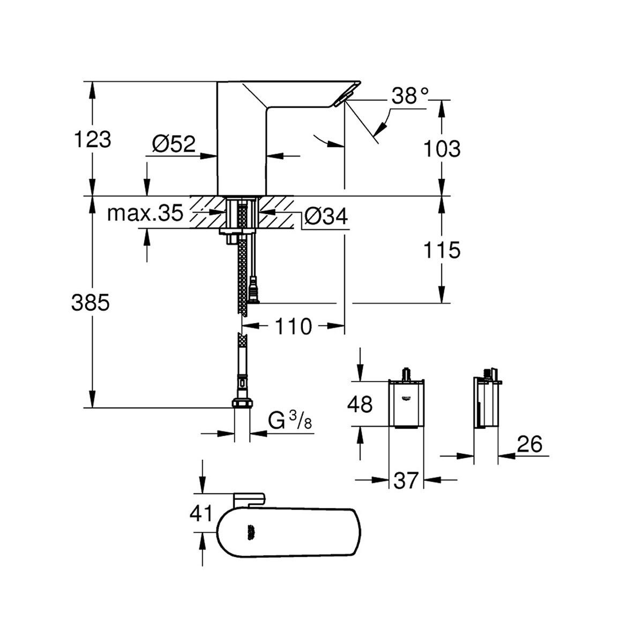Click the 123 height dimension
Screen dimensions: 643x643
[92, 139]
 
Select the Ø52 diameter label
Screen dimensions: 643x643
[174, 145]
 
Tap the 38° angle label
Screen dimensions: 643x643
[410, 96]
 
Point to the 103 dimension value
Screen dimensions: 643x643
[442, 149]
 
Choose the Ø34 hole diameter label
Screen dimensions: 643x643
[326, 216]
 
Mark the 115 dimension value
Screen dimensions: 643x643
[442, 250]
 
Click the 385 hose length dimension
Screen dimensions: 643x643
[91, 303]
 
